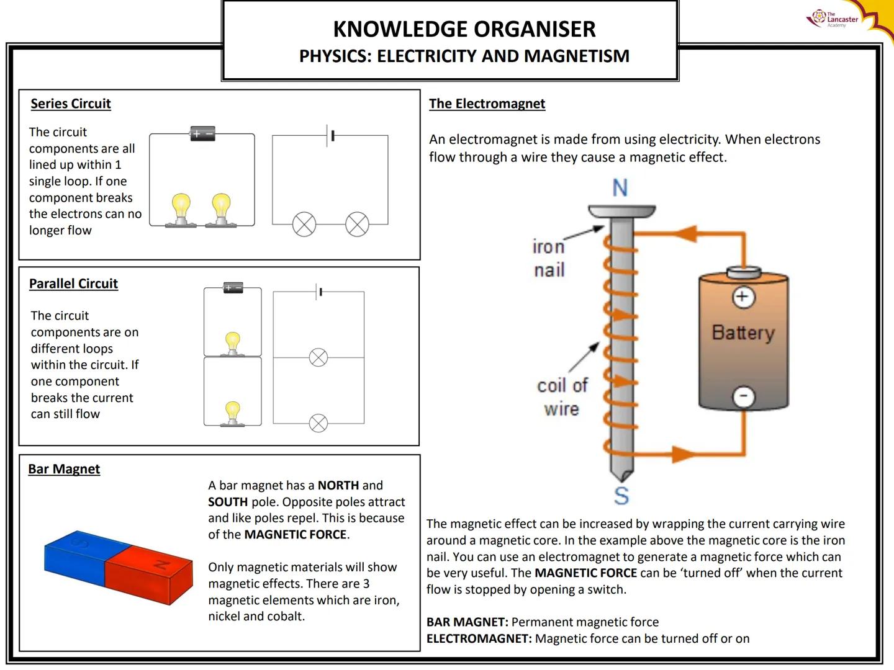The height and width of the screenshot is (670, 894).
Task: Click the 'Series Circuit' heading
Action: point(71,104)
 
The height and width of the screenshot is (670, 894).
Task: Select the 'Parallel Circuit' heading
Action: point(73,284)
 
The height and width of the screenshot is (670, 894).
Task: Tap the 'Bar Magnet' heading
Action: point(64,469)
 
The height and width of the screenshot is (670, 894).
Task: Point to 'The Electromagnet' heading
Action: point(487,104)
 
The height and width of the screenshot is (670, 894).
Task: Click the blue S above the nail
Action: point(621,496)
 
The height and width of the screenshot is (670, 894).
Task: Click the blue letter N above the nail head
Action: point(620,187)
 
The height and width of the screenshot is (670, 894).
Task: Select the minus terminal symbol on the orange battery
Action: point(744,396)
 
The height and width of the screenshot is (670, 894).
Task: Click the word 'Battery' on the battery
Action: point(743,333)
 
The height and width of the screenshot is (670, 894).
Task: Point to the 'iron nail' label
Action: point(549,258)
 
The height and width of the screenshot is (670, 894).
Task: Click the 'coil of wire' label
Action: point(562,397)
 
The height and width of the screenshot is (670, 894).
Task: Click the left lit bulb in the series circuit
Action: point(181,208)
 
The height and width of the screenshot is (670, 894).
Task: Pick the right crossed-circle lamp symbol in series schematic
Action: point(357,225)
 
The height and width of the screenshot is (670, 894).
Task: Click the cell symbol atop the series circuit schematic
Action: point(330,135)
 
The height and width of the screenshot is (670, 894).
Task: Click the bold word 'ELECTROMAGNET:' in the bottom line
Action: point(479,638)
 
